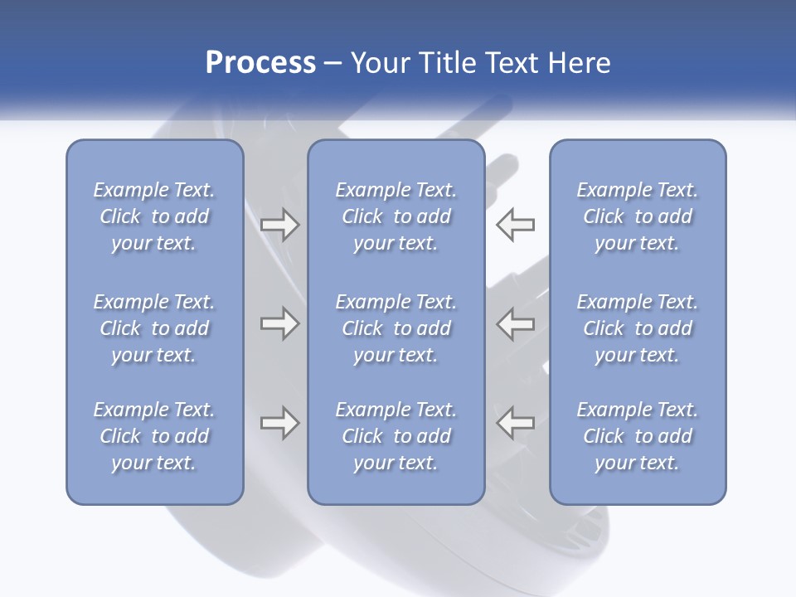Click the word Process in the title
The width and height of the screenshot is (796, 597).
[x=260, y=63]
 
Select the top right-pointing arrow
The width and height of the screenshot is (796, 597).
[x=279, y=225]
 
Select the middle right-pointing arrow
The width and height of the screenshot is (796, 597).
[x=279, y=323]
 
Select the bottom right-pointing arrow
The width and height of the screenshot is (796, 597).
[x=279, y=423]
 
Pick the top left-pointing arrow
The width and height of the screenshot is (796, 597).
[x=515, y=225]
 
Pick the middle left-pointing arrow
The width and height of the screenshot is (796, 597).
[x=515, y=323]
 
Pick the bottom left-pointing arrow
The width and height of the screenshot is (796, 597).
[x=515, y=423]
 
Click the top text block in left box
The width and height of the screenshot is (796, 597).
[x=154, y=216]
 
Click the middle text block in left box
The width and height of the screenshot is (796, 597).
[x=154, y=328]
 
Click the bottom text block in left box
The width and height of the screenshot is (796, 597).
[x=154, y=436]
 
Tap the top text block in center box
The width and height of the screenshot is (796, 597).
[x=396, y=216]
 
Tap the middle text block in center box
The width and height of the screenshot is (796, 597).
[x=396, y=328]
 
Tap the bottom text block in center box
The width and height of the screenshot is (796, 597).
[x=396, y=436]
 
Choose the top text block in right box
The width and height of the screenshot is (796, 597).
[x=637, y=216]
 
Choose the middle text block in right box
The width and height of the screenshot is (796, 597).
[x=637, y=328]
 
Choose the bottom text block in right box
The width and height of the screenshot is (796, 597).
[x=637, y=436]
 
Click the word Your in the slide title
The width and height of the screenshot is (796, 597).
[x=379, y=63]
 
